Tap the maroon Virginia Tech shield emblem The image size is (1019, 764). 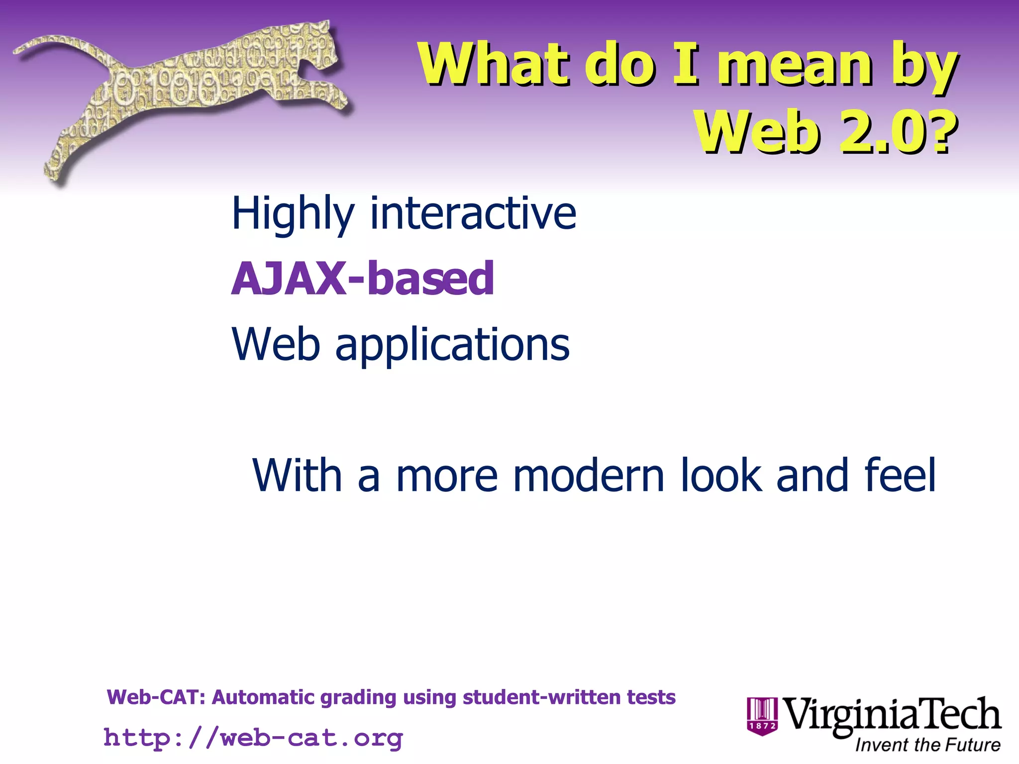click(762, 716)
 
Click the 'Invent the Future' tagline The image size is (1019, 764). click(927, 745)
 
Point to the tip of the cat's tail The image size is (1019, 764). click(20, 50)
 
